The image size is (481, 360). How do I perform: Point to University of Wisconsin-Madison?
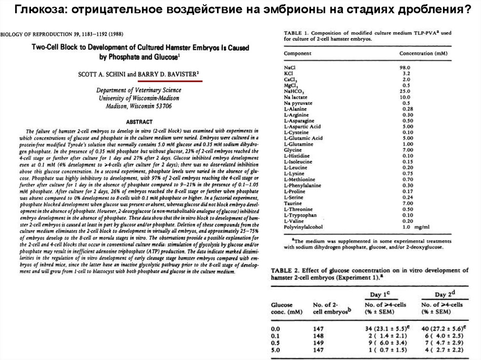pos(139,98)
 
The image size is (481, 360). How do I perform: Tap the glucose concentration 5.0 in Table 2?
pos(276,350)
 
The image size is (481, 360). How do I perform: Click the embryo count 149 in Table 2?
pos(319,343)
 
